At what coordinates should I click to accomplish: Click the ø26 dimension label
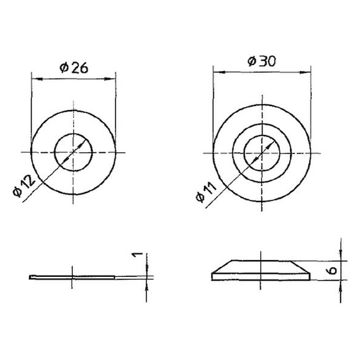[x=73, y=68]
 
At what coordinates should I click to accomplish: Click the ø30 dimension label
[x=262, y=61]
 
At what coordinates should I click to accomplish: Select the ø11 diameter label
[x=206, y=191]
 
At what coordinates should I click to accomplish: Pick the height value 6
[x=332, y=270]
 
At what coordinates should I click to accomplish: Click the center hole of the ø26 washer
[x=73, y=152]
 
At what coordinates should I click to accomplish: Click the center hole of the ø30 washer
[x=262, y=153]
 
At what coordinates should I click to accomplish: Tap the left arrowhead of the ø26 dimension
[x=37, y=79]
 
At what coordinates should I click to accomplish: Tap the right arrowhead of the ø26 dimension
[x=110, y=79]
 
